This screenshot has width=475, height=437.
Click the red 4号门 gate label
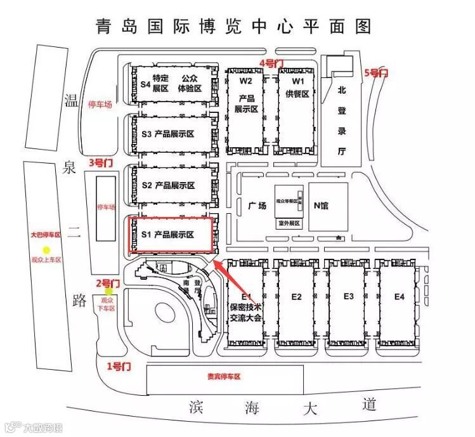(x=271, y=63)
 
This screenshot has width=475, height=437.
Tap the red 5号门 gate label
(x=376, y=74)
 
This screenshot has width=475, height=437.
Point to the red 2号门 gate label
(x=107, y=282)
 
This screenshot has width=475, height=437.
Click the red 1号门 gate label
(x=118, y=366)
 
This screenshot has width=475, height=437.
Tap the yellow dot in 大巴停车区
(x=46, y=251)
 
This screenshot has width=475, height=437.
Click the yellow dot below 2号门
(x=108, y=292)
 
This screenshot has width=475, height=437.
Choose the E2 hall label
(x=296, y=297)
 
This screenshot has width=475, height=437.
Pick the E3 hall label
(x=348, y=296)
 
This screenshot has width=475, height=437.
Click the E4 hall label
(x=399, y=296)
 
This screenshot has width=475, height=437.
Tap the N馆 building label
(x=322, y=205)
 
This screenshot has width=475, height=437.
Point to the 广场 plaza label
(x=257, y=205)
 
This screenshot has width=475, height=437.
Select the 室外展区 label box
(x=289, y=223)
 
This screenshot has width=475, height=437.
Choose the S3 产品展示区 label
(x=168, y=134)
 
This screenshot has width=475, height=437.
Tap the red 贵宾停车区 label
(x=224, y=377)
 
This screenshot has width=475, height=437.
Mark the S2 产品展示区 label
(x=168, y=185)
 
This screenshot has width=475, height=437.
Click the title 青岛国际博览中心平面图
(x=233, y=27)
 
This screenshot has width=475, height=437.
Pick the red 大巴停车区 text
(x=46, y=235)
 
